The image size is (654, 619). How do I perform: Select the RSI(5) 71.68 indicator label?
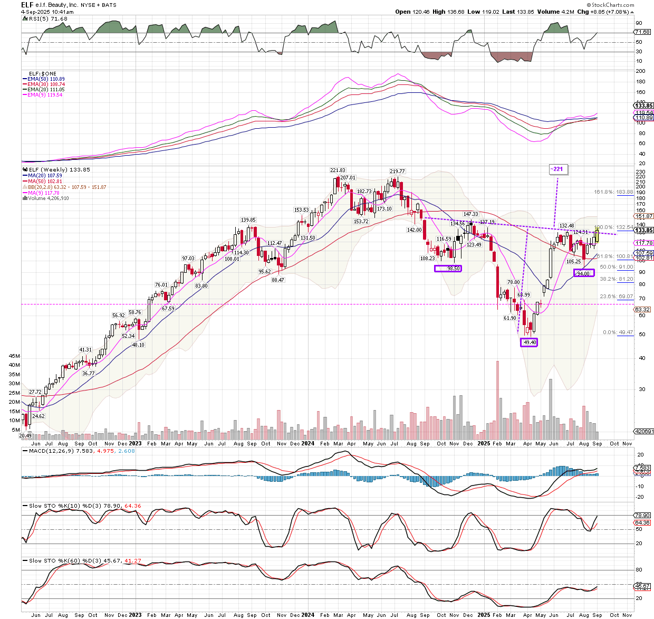(47, 18)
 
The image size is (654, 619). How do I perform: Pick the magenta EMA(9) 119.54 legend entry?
(45, 95)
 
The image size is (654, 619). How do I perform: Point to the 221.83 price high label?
(338, 170)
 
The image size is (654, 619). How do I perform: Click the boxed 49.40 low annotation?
(530, 342)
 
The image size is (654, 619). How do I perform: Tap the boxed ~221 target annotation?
(557, 169)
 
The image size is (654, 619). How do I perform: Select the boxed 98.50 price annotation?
(448, 268)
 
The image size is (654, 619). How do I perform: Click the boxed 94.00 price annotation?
(583, 273)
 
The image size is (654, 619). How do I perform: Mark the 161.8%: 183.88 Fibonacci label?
(613, 192)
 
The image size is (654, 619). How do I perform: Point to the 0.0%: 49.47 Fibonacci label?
(618, 332)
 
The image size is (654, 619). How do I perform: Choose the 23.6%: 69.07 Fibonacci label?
(616, 297)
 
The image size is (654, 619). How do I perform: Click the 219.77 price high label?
(397, 171)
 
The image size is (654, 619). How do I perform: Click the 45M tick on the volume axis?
(14, 356)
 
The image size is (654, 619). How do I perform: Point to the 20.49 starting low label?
(25, 435)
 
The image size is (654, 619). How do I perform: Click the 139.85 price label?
(248, 220)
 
